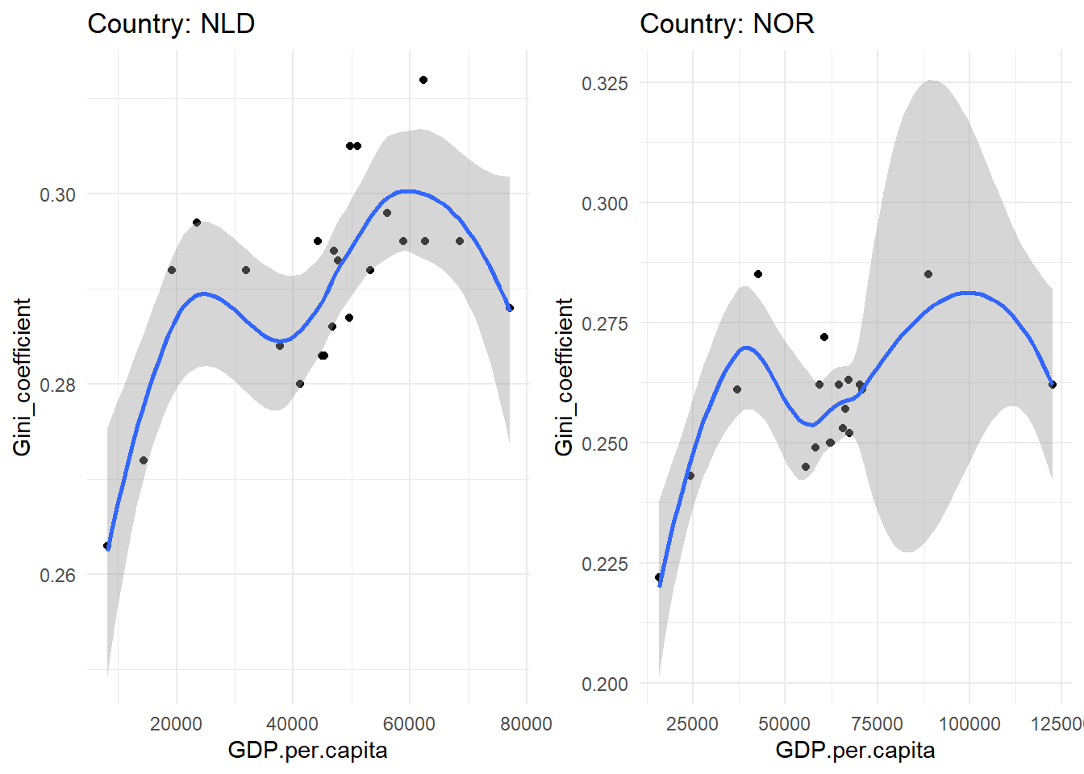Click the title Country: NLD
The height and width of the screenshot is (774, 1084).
coord(171,23)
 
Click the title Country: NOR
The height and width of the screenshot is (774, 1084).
coord(727,23)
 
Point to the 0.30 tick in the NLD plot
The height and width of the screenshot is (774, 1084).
coord(57,194)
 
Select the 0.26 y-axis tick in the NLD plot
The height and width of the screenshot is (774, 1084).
coord(57,575)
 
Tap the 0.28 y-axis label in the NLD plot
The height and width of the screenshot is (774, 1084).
coord(57,385)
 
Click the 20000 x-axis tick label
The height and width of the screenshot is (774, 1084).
coord(176,723)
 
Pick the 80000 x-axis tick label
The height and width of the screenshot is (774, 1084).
coord(526,723)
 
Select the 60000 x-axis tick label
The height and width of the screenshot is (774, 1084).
coord(409,723)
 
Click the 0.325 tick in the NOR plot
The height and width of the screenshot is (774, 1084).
coord(605,83)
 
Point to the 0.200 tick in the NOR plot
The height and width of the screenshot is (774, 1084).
coord(605,684)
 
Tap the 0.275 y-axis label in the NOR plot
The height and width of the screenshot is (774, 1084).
coord(605,323)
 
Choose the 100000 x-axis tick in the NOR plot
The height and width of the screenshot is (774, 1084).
coord(969,723)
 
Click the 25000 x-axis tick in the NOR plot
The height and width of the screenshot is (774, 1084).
coord(692,723)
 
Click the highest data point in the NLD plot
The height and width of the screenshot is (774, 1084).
coord(423,80)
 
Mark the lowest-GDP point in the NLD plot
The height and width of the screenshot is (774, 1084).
coord(107,546)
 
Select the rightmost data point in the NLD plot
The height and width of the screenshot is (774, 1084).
coord(510,308)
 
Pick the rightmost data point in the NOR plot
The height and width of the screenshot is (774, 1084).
coord(1053,385)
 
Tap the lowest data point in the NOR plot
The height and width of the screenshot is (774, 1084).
coord(659,577)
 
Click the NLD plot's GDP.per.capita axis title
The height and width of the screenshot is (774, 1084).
coord(307,751)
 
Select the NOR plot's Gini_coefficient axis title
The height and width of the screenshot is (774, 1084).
coord(564,377)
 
